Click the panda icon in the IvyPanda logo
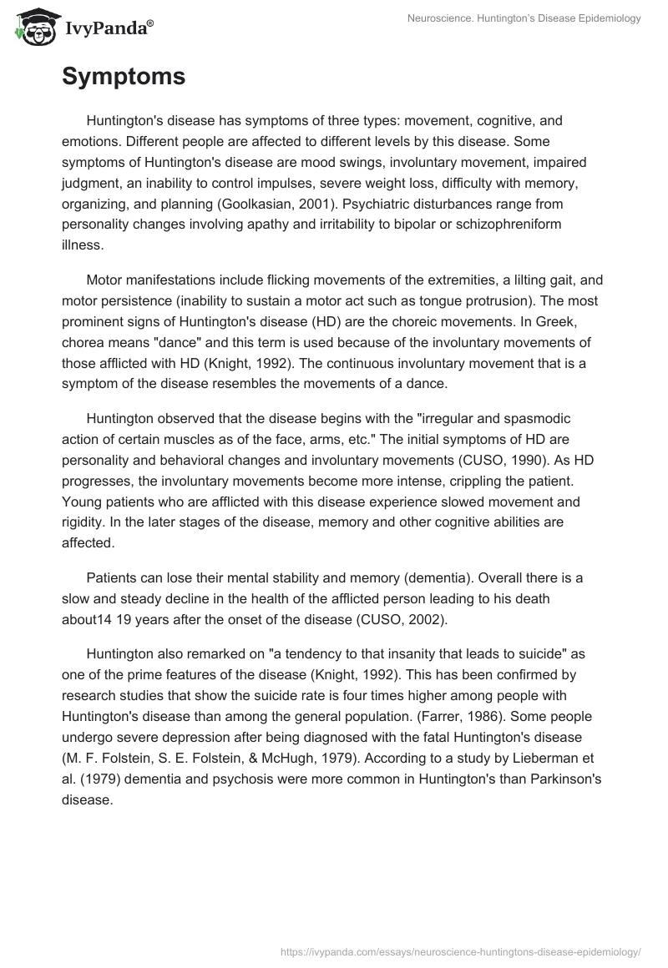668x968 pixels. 32,28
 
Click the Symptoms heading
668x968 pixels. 124,77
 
